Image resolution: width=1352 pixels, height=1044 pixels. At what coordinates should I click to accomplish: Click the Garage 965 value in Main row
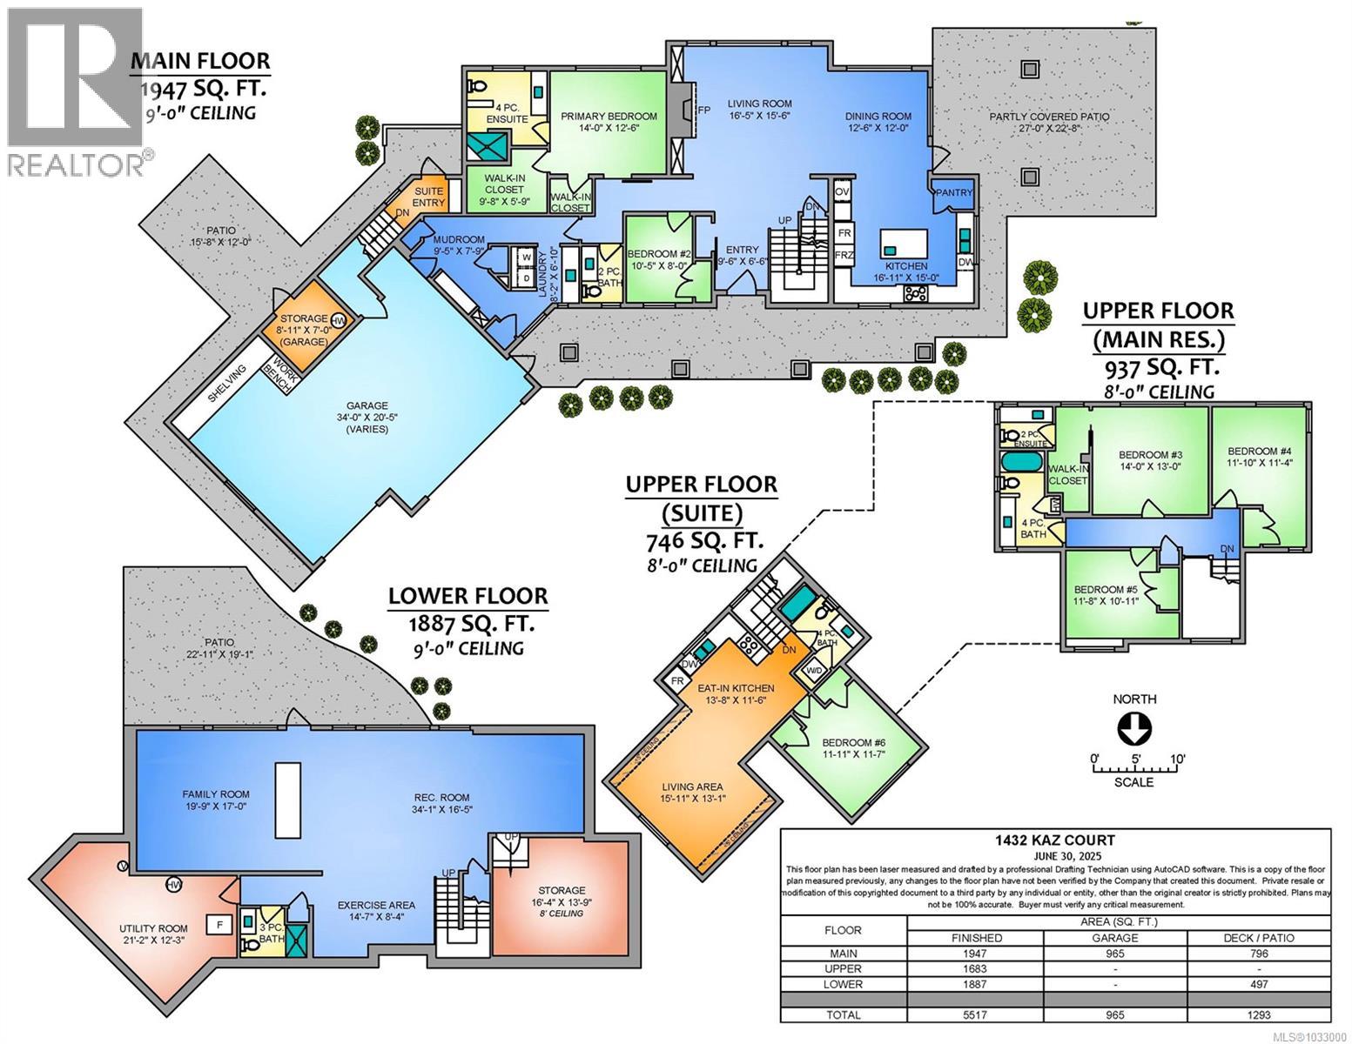1115,954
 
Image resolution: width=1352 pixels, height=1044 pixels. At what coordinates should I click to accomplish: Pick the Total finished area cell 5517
985,1014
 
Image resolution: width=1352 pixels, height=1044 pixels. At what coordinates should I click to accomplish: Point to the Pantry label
955,193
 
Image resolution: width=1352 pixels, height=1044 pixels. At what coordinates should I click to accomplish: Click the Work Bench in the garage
281,375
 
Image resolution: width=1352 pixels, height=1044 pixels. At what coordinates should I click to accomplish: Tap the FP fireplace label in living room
704,109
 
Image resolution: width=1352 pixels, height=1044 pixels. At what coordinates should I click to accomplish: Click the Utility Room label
153,934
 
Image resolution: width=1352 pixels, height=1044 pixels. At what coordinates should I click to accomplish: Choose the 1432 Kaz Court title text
1056,840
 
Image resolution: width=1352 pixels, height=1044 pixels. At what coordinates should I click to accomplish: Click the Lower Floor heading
467,596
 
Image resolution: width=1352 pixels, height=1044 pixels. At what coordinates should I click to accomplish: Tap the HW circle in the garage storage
338,320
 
